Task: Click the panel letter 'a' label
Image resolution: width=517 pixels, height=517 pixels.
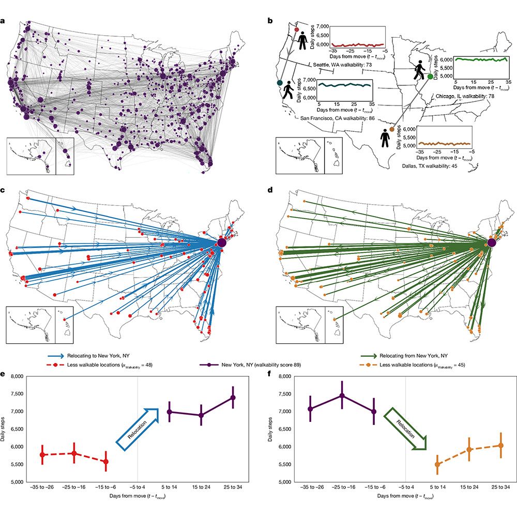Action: (x=4, y=21)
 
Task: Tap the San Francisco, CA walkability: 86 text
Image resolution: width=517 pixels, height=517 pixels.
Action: (x=338, y=118)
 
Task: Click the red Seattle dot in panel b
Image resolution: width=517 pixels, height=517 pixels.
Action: (x=296, y=30)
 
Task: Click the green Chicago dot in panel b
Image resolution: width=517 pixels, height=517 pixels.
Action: (x=430, y=77)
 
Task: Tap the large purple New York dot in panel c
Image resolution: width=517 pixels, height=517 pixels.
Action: (x=222, y=242)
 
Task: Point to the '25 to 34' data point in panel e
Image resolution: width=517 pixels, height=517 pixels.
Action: (x=233, y=397)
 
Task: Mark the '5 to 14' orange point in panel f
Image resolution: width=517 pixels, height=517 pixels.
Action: (x=437, y=464)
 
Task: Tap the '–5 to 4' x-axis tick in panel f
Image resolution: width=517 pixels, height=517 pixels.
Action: (x=405, y=488)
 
